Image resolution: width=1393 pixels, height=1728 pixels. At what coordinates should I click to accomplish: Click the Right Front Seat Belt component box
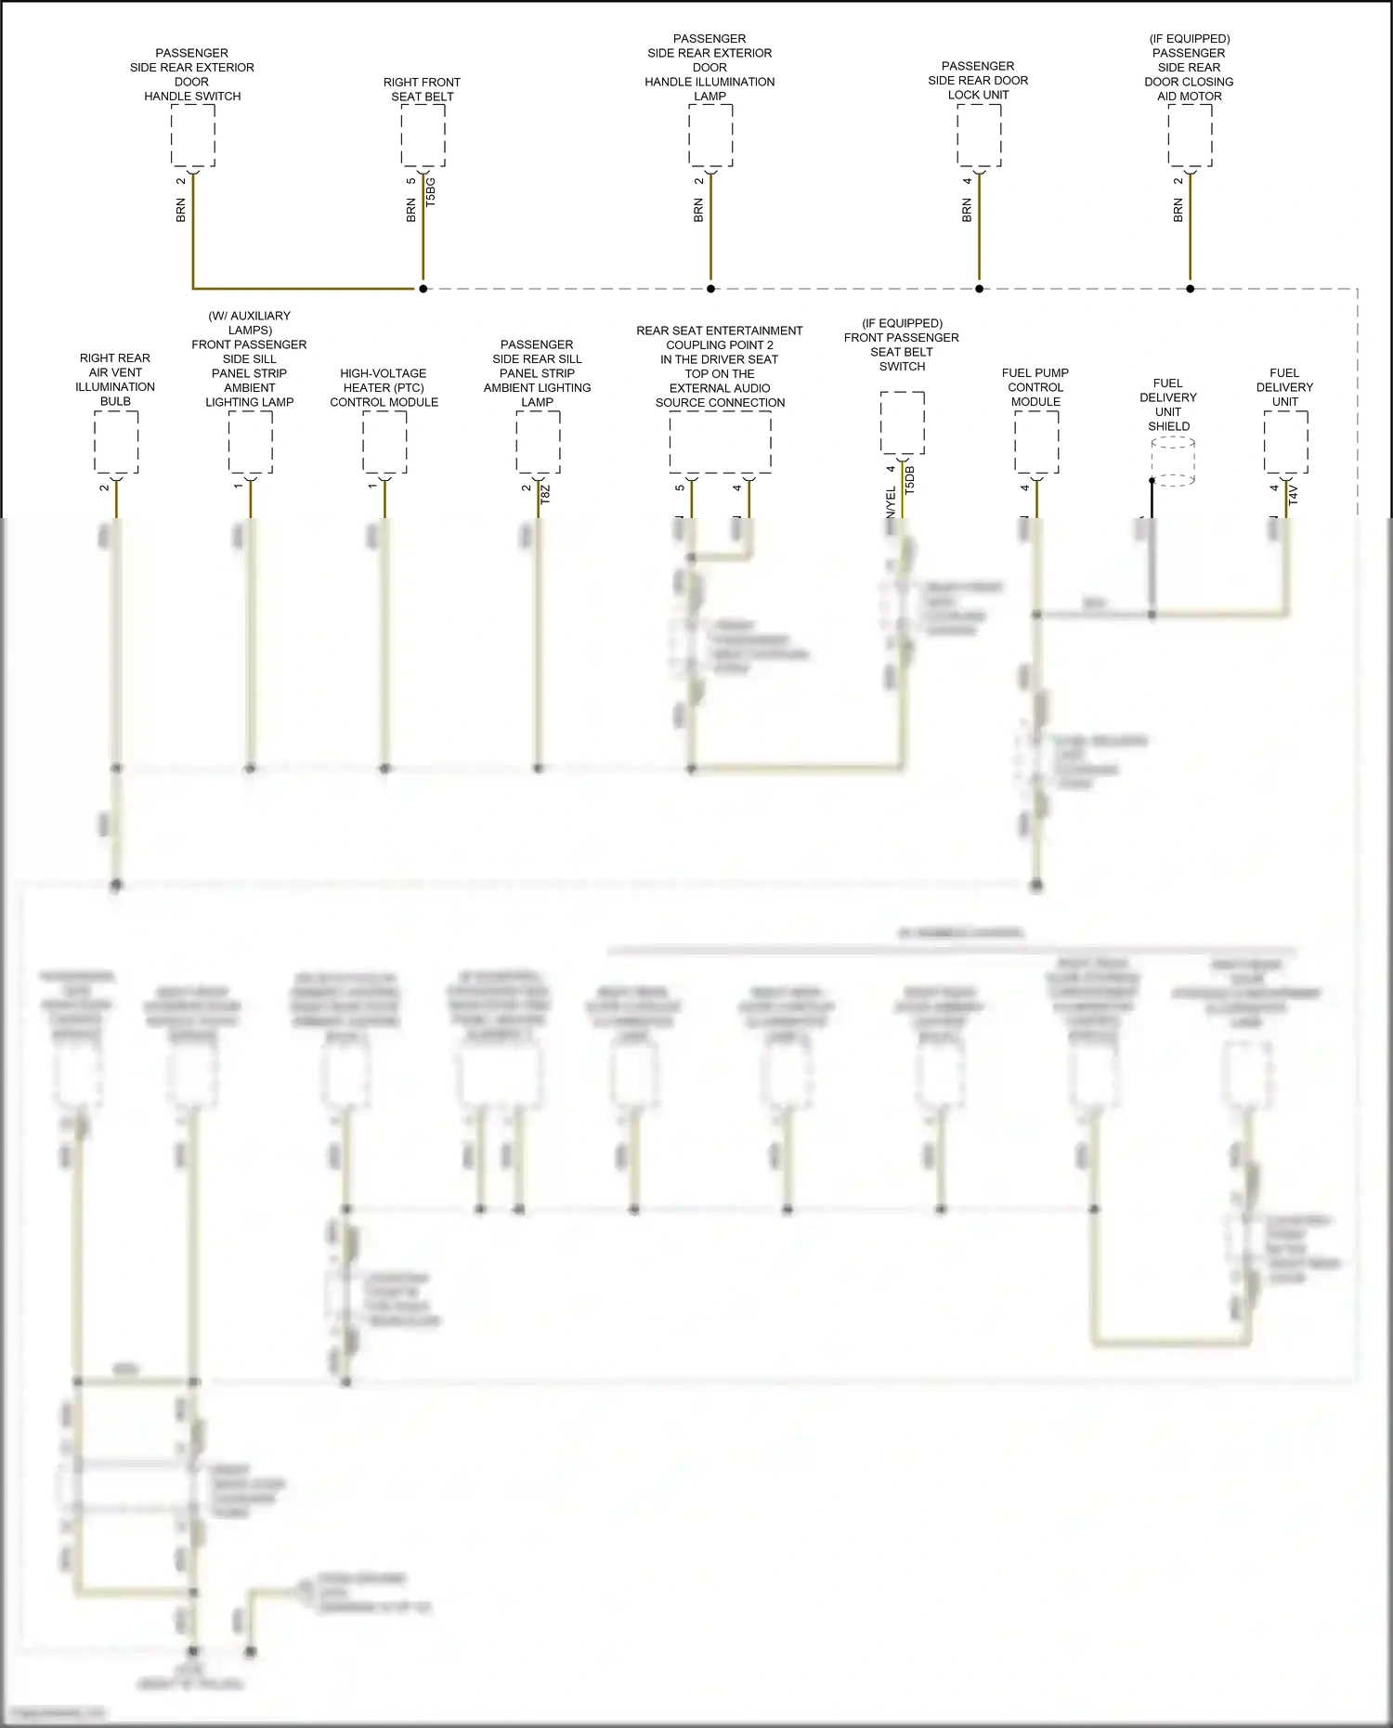pyautogui.click(x=423, y=136)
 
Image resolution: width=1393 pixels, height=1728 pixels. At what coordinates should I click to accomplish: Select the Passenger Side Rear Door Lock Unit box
pyautogui.click(x=979, y=136)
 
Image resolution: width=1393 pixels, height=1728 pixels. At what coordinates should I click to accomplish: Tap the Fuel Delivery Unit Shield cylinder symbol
pyautogui.click(x=1173, y=461)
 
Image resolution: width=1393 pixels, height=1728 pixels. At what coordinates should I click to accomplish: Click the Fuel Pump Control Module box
pyautogui.click(x=1036, y=442)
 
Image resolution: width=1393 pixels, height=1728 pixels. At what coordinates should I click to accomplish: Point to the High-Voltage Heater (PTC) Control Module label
pyautogui.click(x=384, y=387)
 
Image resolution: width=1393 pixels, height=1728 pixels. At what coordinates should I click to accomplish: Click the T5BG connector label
pyautogui.click(x=430, y=192)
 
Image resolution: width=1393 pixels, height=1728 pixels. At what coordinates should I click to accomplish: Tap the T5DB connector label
pyautogui.click(x=909, y=479)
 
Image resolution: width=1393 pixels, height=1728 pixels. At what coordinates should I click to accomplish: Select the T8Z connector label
pyautogui.click(x=545, y=494)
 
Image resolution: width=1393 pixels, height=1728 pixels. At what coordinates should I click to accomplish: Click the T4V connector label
pyautogui.click(x=1294, y=494)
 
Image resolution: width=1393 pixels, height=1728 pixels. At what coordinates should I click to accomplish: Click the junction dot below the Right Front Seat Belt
pyautogui.click(x=423, y=289)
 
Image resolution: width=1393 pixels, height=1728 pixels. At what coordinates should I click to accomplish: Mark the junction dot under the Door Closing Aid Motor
pyautogui.click(x=1191, y=289)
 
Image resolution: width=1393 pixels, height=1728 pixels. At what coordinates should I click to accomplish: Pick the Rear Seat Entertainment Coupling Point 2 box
pyautogui.click(x=720, y=442)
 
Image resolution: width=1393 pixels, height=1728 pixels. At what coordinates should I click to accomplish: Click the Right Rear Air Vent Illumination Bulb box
pyautogui.click(x=116, y=442)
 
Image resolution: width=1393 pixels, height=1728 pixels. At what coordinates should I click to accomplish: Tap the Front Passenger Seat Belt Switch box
pyautogui.click(x=902, y=423)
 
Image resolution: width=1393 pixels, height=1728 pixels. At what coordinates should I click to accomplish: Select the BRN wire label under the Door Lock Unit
pyautogui.click(x=967, y=211)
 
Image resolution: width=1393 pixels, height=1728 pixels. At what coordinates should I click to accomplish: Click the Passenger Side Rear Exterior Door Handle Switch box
pyautogui.click(x=193, y=136)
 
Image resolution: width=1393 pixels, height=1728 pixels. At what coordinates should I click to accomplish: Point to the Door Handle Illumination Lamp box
pyautogui.click(x=710, y=136)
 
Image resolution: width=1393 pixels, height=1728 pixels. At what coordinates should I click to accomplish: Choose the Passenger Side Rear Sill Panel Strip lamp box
pyautogui.click(x=538, y=442)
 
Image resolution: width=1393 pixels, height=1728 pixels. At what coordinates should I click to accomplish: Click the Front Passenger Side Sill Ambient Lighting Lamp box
pyautogui.click(x=251, y=442)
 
